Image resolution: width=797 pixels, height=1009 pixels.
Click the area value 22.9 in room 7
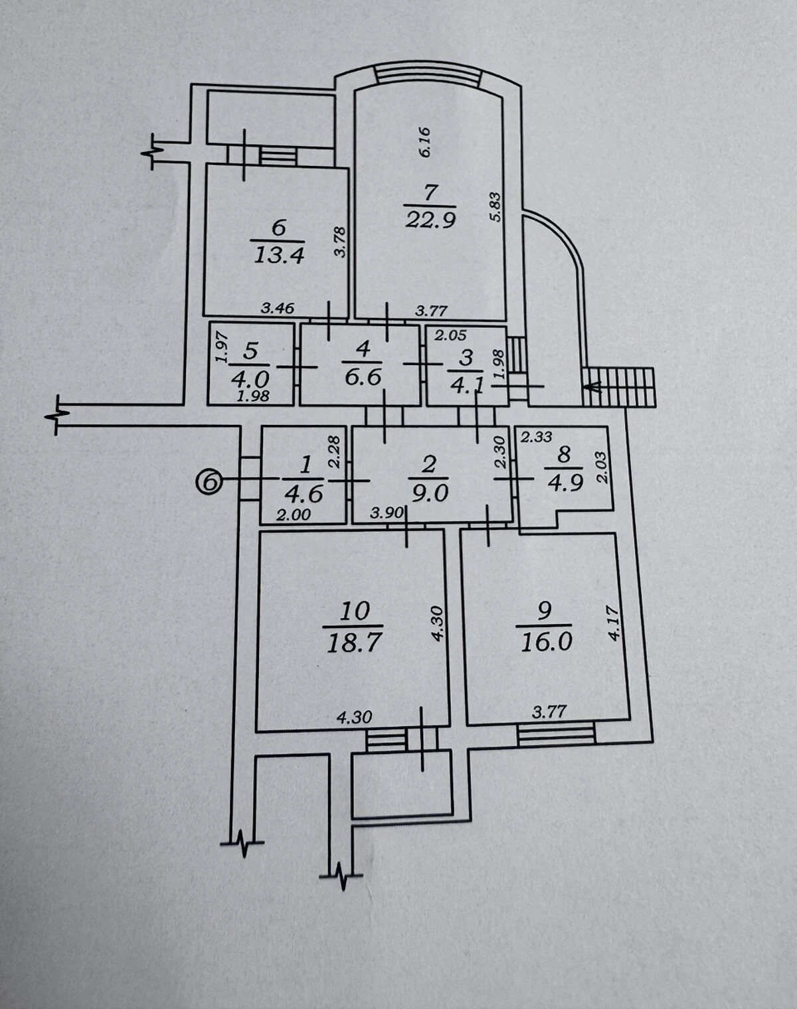[x=430, y=219]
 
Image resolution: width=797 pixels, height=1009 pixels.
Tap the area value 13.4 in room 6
[x=279, y=256]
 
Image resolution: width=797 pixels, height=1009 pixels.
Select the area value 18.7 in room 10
[x=353, y=643]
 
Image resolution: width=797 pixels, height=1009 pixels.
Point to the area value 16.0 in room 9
[x=547, y=641]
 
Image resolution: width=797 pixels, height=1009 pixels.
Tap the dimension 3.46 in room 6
[x=278, y=308]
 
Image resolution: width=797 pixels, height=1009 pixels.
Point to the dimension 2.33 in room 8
[x=537, y=437]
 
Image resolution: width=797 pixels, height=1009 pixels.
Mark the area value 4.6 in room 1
[x=304, y=494]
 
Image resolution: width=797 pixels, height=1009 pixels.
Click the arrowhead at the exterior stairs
[x=594, y=387]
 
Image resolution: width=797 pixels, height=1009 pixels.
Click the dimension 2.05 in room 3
[x=450, y=335]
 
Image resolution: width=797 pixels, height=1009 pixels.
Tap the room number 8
[x=565, y=454]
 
